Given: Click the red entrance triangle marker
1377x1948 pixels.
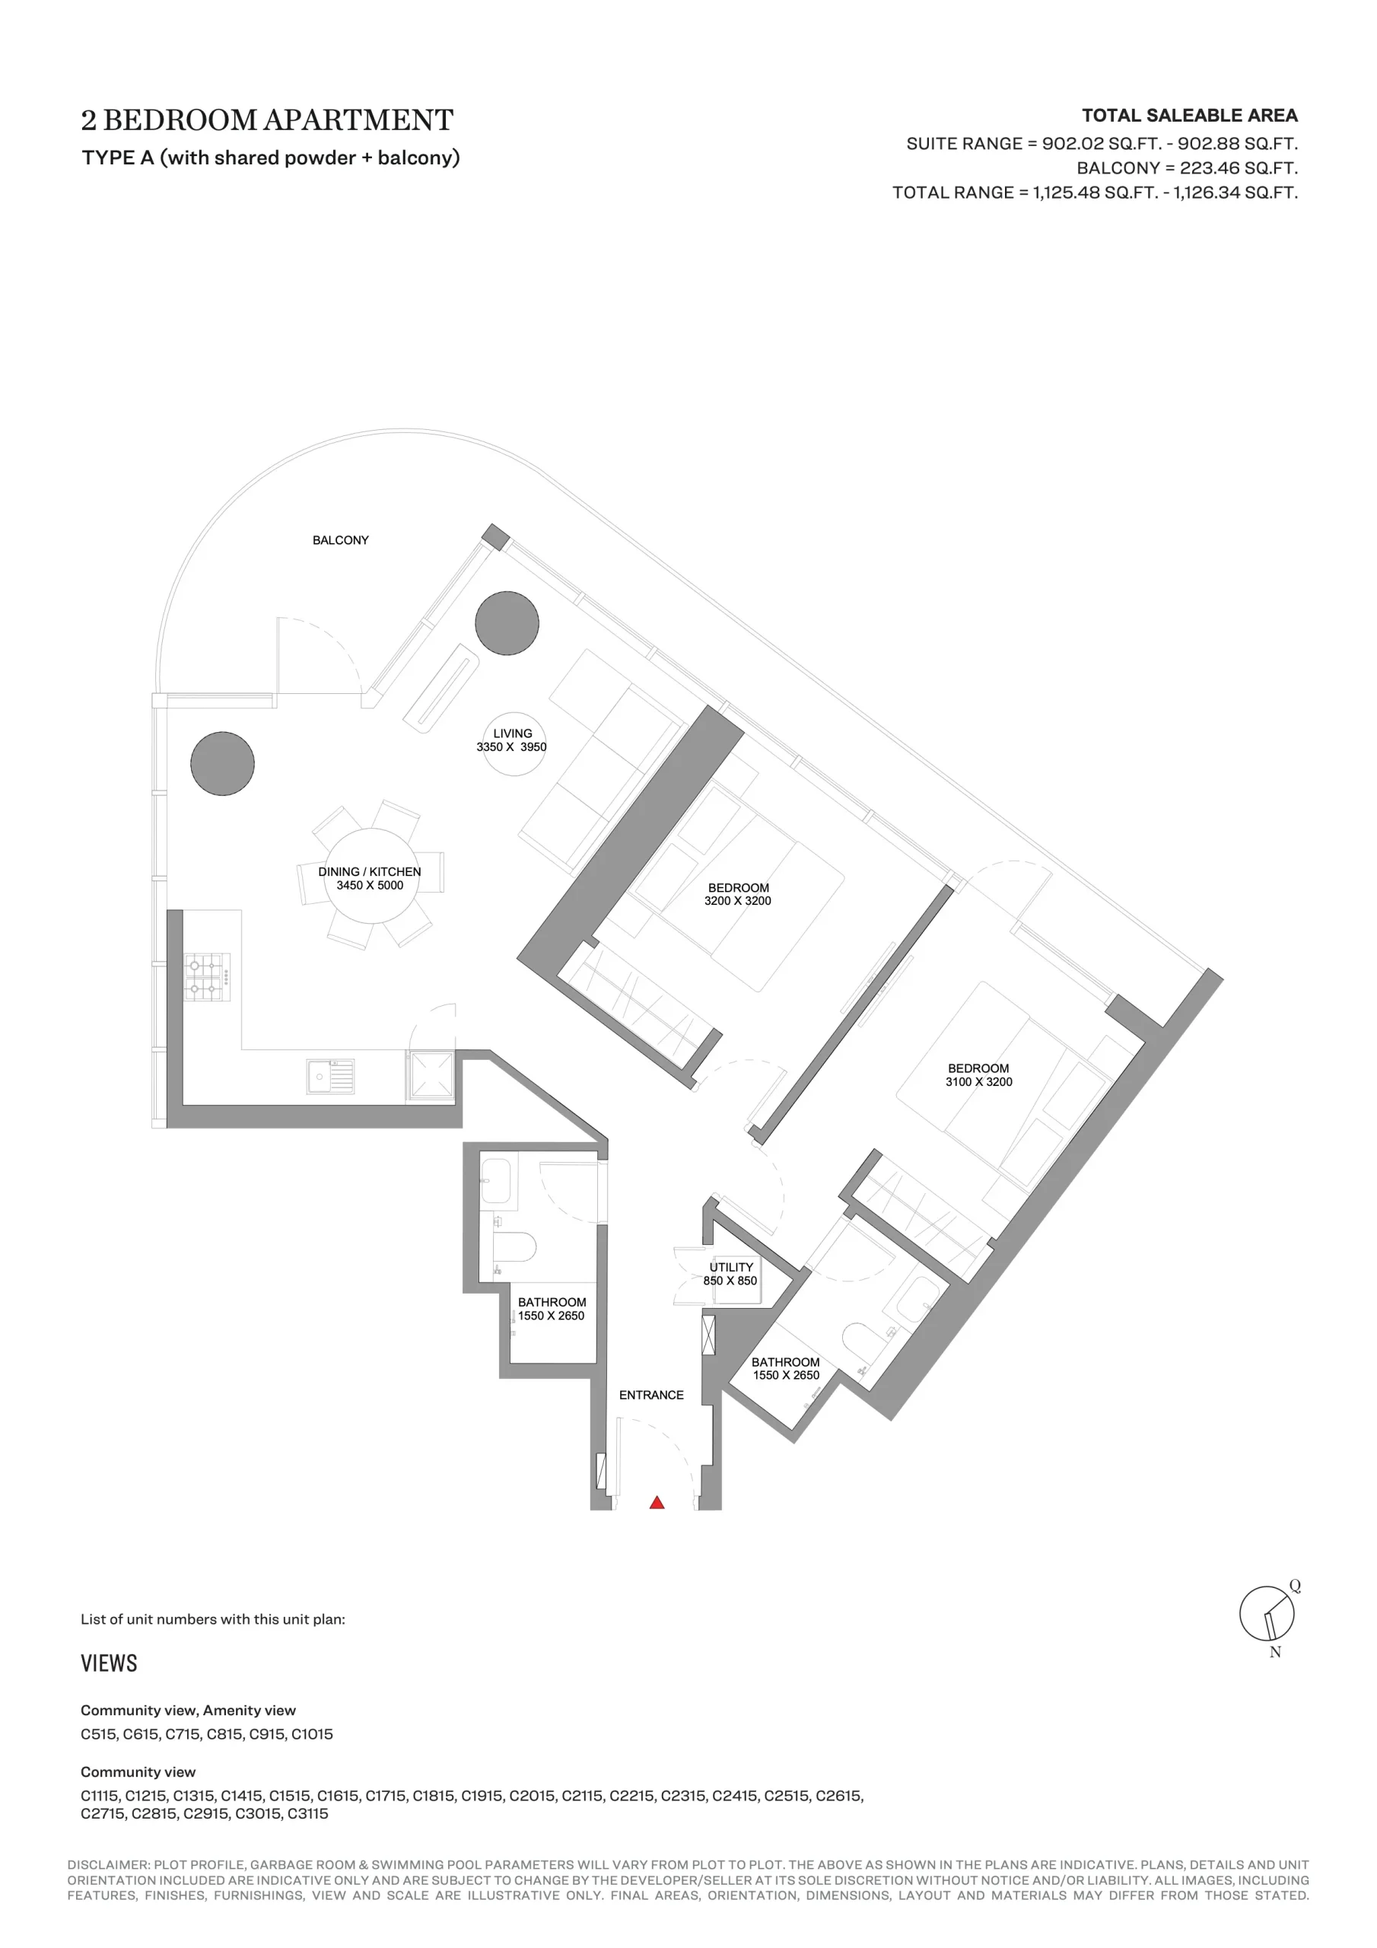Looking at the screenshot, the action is click(657, 1503).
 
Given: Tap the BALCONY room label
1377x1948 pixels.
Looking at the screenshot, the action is click(340, 540).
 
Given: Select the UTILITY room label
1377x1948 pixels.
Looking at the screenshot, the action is click(731, 1267).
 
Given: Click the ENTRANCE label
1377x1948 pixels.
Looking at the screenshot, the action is click(650, 1395).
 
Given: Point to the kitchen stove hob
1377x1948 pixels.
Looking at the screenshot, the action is click(208, 977).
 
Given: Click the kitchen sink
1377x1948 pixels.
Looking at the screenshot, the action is click(330, 1077).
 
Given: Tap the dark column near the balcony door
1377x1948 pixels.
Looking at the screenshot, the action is click(507, 622).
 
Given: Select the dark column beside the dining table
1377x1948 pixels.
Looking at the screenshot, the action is click(222, 763).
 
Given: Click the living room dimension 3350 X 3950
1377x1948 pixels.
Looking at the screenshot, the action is click(511, 747).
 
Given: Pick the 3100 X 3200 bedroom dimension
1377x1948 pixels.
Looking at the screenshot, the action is click(979, 1082).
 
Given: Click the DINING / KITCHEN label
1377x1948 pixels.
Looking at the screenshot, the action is click(370, 871).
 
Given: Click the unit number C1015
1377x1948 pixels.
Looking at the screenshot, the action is click(312, 1734).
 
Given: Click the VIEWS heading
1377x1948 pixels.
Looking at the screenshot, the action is click(109, 1663).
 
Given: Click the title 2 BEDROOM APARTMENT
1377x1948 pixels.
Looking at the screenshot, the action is click(267, 119).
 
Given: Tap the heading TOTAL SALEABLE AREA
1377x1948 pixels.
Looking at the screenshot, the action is click(1190, 116).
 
